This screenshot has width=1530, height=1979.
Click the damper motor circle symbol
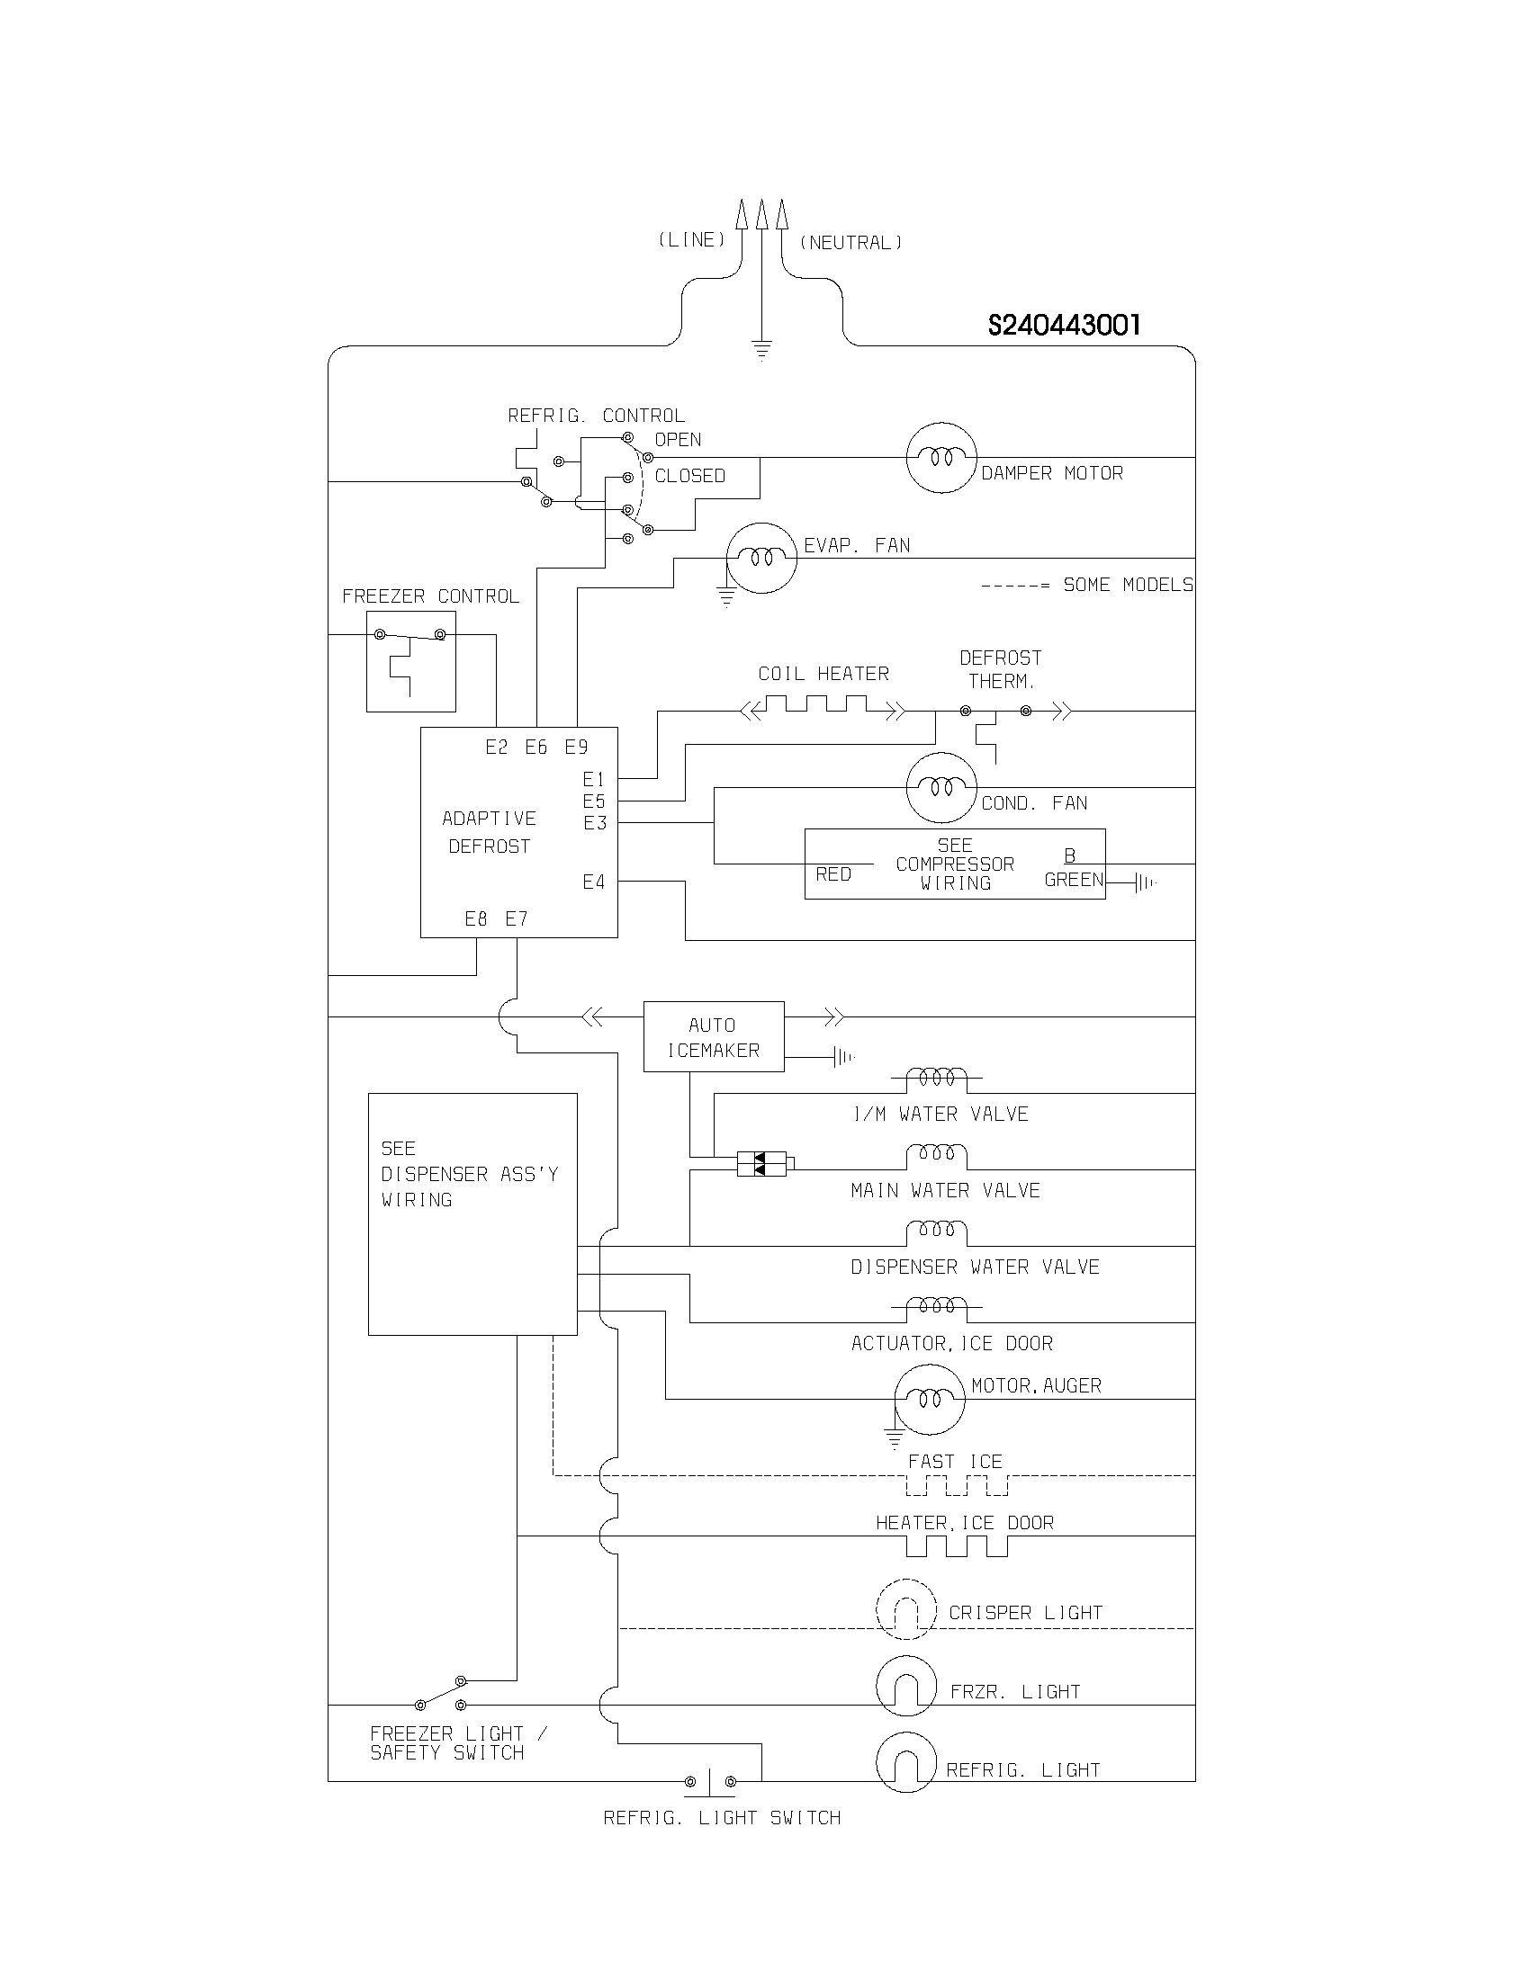point(941,458)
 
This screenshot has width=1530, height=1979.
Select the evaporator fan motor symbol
point(761,559)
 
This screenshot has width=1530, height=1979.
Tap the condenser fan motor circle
point(941,787)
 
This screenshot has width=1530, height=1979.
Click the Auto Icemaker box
point(714,1036)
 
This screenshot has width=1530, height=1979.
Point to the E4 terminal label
point(594,882)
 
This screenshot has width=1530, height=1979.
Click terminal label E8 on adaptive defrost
point(476,918)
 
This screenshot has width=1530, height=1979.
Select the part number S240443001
point(1064,326)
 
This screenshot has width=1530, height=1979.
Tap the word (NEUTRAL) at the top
point(850,243)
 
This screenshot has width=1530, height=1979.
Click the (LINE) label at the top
point(691,239)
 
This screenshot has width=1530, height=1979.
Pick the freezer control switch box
point(410,660)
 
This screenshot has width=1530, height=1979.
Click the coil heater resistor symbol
point(823,708)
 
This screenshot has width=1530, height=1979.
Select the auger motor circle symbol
point(929,1399)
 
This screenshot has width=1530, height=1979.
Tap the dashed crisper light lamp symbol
point(905,1610)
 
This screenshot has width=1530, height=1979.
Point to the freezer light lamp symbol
point(905,1686)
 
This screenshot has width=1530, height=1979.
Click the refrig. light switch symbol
point(710,1780)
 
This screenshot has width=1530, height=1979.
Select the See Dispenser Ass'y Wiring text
point(469,1173)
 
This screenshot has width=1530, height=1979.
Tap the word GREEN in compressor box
point(1073,879)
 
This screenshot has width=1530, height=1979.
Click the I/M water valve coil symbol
point(936,1078)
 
